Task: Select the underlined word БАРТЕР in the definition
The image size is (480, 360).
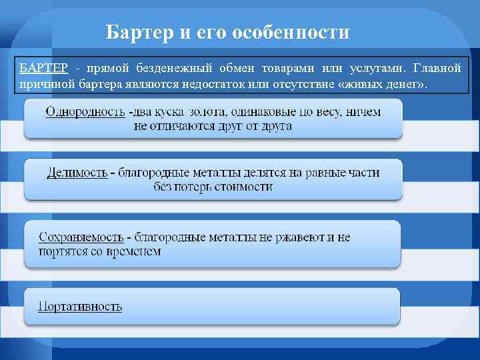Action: (43, 69)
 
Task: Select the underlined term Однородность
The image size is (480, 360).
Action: (85, 112)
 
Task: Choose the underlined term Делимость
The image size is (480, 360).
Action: (77, 173)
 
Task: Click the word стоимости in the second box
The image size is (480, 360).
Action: (243, 187)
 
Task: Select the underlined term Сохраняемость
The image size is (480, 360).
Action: (81, 237)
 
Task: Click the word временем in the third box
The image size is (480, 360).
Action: (139, 251)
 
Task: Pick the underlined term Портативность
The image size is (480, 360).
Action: (80, 307)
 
